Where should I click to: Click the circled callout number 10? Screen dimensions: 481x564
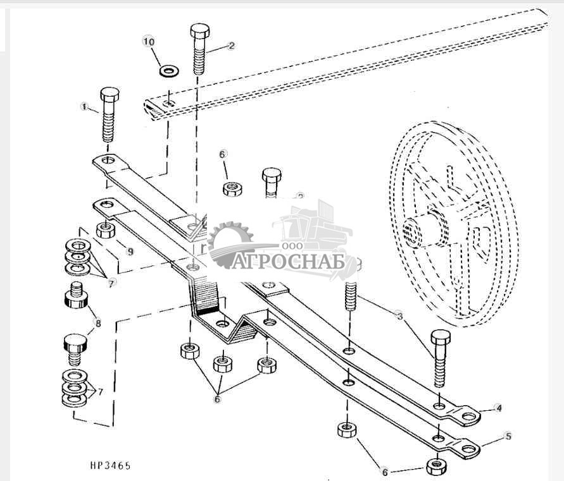[149, 42]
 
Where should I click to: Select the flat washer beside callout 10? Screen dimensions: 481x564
[168, 70]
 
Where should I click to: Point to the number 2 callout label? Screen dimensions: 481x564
[231, 46]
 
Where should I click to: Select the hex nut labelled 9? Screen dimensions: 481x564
[105, 229]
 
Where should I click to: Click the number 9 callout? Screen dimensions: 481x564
[129, 252]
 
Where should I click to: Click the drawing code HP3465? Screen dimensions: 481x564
[110, 466]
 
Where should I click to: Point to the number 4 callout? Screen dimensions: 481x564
[499, 408]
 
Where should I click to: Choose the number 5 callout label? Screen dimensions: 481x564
[508, 436]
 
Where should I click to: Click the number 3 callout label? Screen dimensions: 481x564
[400, 315]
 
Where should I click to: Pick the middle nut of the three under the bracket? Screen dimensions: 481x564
[222, 364]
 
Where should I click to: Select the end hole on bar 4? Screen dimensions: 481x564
[468, 416]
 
